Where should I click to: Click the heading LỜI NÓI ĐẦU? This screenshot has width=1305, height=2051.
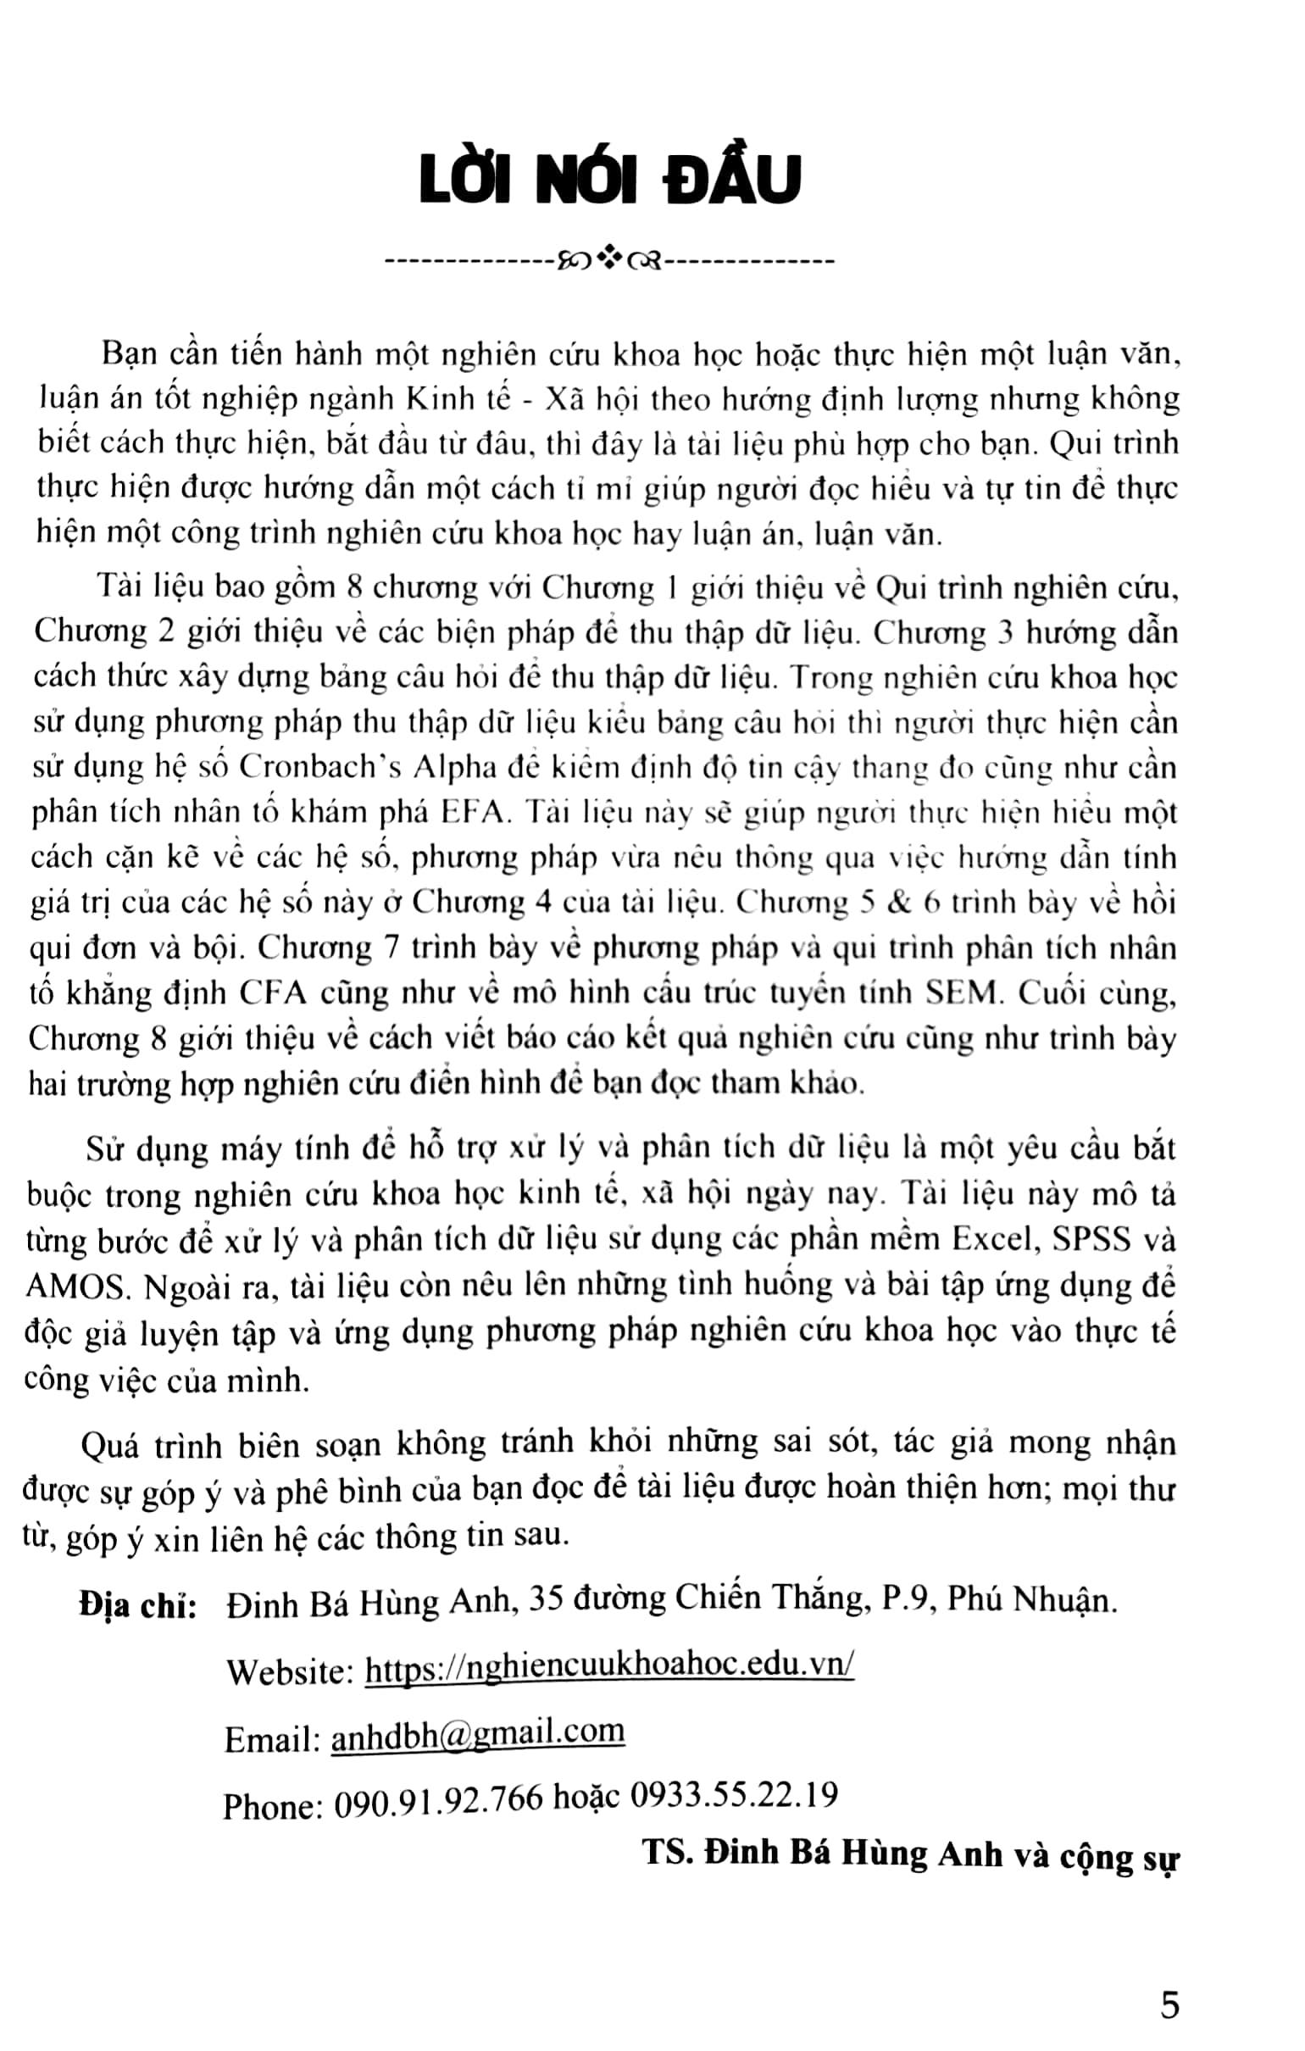click(x=610, y=180)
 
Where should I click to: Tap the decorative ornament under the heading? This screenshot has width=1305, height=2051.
click(x=610, y=259)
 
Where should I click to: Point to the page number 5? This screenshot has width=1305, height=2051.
click(x=1169, y=2005)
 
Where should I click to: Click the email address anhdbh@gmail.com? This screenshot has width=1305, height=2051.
click(x=477, y=1732)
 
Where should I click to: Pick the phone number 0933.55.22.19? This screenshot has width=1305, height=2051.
click(x=733, y=1795)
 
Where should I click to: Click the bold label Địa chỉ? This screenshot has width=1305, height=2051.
click(x=137, y=1604)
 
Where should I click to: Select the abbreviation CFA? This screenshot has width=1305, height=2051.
click(x=273, y=993)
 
